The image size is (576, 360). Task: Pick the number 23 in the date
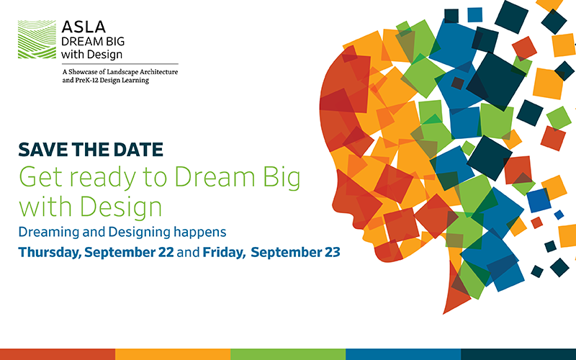point(330,253)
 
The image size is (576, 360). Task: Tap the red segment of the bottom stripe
point(58,354)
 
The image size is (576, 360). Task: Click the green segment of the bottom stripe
point(288,354)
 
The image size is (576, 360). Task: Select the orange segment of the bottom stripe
point(173,354)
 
